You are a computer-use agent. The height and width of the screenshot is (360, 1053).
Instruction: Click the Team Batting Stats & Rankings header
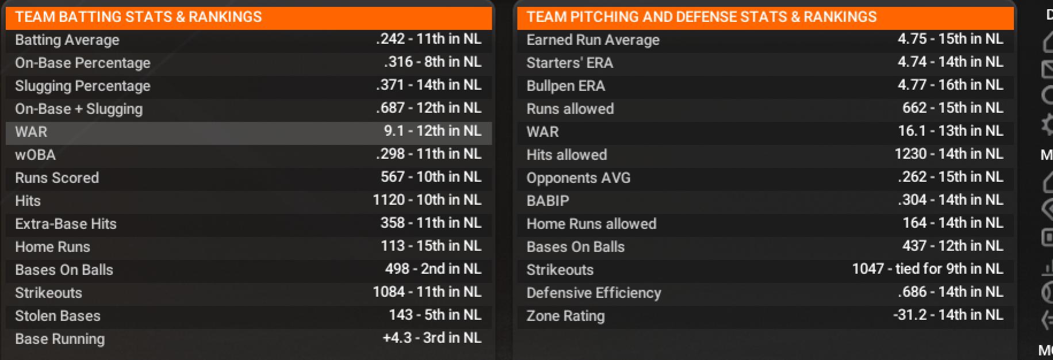tap(138, 17)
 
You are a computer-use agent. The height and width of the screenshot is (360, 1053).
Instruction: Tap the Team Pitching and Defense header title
tap(701, 17)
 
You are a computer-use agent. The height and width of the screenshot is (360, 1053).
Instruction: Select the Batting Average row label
tap(67, 40)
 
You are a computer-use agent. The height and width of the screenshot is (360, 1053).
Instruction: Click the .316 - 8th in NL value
tap(432, 62)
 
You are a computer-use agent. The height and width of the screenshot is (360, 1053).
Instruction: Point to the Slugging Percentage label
tap(82, 86)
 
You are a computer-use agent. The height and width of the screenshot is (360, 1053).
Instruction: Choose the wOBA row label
tap(35, 155)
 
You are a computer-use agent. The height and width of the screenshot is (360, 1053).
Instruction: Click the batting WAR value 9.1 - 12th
tap(432, 131)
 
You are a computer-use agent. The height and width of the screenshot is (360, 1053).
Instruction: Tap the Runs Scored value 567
tap(431, 177)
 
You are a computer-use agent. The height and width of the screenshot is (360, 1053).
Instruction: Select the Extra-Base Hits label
tap(66, 224)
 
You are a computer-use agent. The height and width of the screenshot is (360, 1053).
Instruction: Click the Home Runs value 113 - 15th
tap(431, 246)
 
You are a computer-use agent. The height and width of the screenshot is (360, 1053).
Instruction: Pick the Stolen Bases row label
tap(58, 316)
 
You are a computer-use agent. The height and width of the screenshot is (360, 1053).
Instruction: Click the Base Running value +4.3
tap(432, 338)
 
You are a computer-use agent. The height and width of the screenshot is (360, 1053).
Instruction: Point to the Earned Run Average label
tap(593, 40)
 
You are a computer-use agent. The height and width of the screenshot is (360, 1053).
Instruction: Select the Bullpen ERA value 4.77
tap(950, 85)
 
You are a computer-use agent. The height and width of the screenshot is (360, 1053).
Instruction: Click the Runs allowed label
tap(570, 109)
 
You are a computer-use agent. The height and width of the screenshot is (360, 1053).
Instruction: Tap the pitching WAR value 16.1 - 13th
tap(950, 131)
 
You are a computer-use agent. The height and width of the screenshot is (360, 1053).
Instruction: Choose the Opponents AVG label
tap(578, 178)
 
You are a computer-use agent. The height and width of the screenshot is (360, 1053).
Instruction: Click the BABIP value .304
tap(950, 200)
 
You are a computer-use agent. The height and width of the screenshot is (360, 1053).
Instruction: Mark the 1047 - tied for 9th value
tap(927, 269)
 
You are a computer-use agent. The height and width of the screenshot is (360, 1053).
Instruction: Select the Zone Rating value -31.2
tap(948, 315)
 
